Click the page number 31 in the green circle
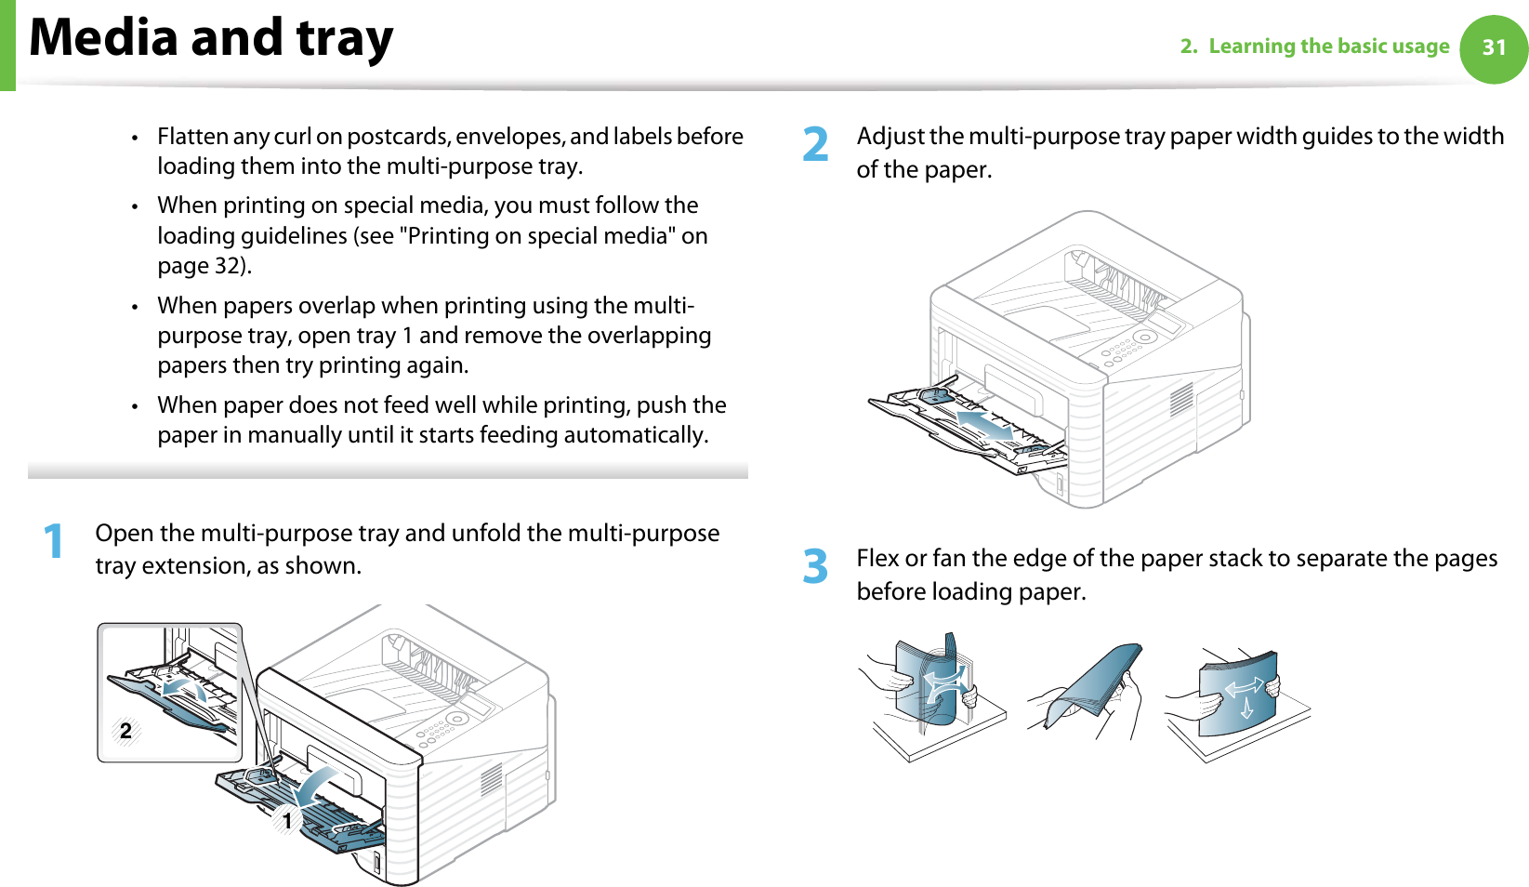(x=1493, y=48)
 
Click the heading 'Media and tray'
(x=212, y=39)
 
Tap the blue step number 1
(x=55, y=541)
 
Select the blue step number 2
(x=815, y=145)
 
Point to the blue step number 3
(x=815, y=566)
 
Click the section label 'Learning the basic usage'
(x=1328, y=46)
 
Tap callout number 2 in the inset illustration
(x=125, y=731)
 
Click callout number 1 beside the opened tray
(x=287, y=821)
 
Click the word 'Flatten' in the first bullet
(x=192, y=137)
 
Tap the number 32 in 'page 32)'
(x=228, y=266)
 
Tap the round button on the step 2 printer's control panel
(x=1145, y=338)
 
